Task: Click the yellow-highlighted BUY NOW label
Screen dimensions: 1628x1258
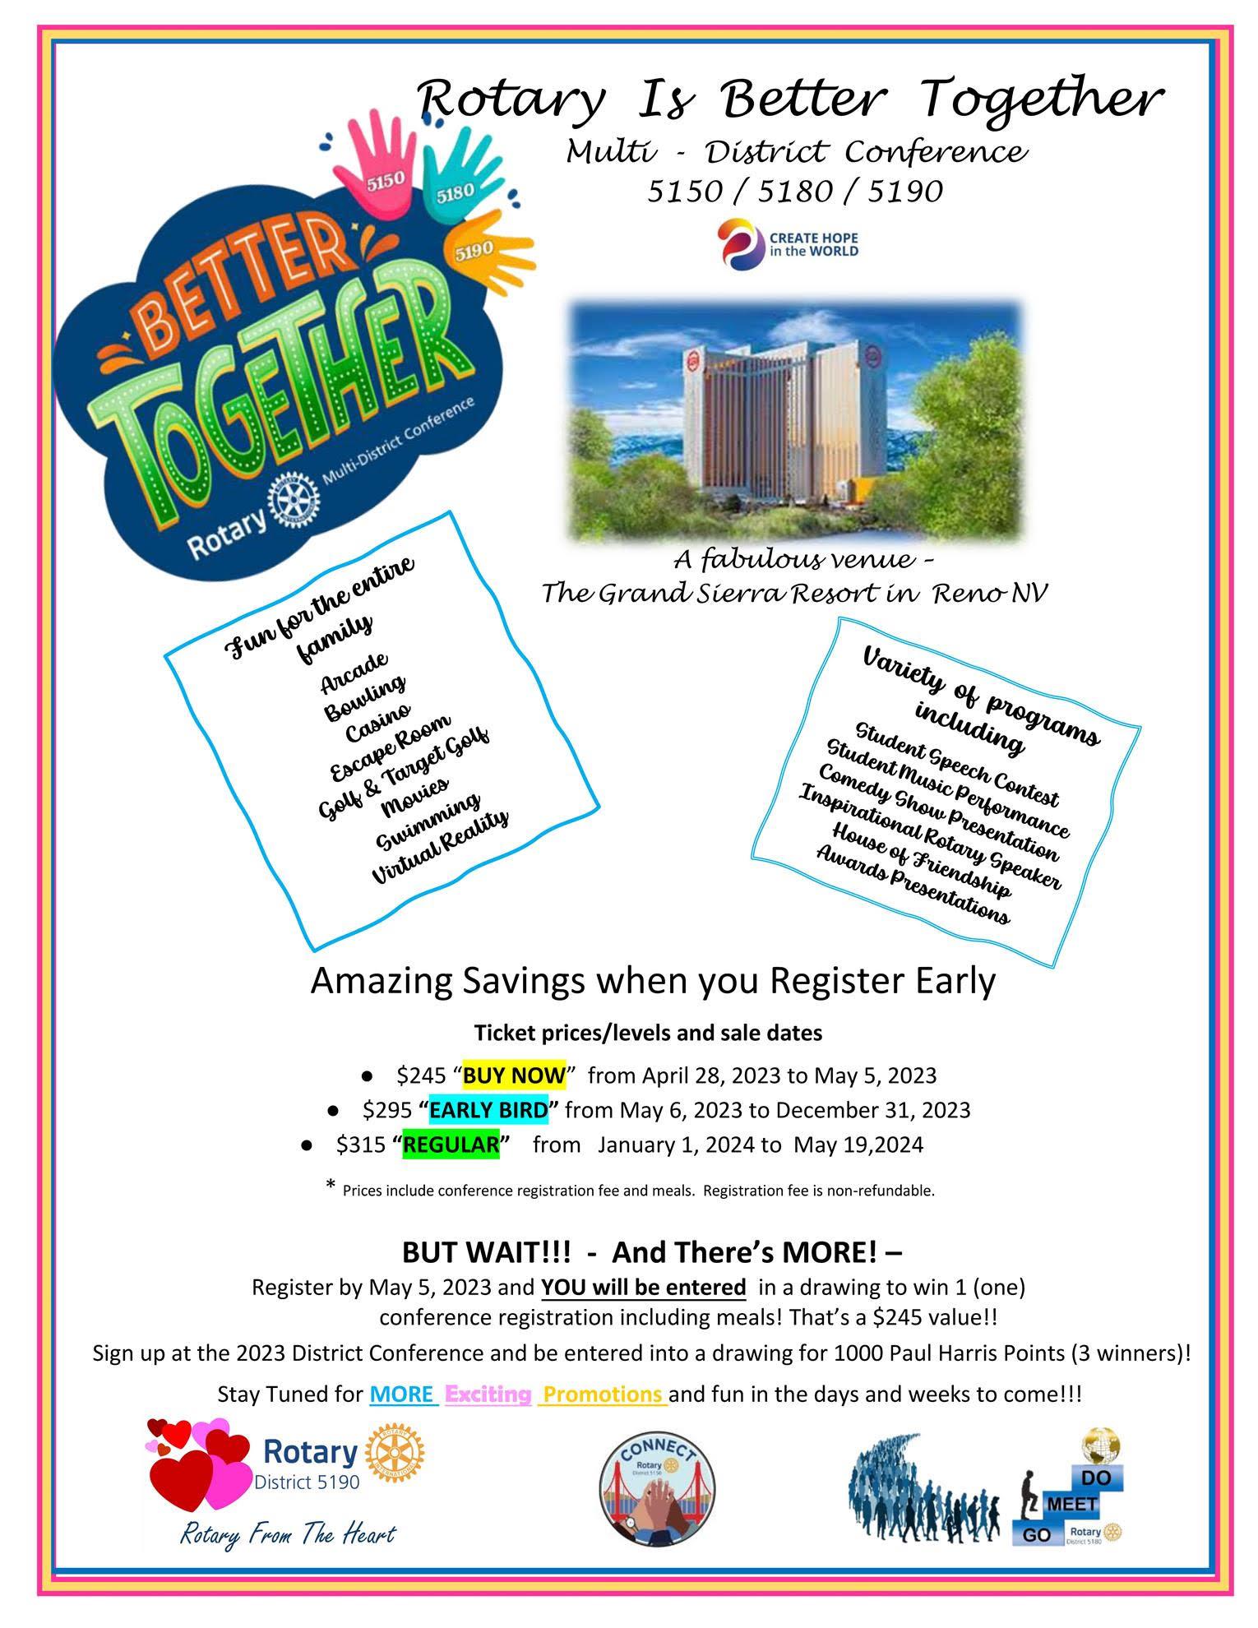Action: [514, 1075]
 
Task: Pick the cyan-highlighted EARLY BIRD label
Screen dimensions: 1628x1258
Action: [488, 1110]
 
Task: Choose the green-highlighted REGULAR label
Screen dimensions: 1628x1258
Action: [451, 1145]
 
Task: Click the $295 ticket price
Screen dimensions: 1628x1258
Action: [386, 1110]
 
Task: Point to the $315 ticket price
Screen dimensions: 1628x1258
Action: [360, 1145]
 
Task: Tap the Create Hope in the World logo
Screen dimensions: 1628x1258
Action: [788, 244]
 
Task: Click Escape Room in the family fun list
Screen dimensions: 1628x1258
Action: [390, 747]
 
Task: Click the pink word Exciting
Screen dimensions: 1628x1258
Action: [488, 1394]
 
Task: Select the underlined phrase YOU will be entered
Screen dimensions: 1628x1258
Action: [643, 1287]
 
